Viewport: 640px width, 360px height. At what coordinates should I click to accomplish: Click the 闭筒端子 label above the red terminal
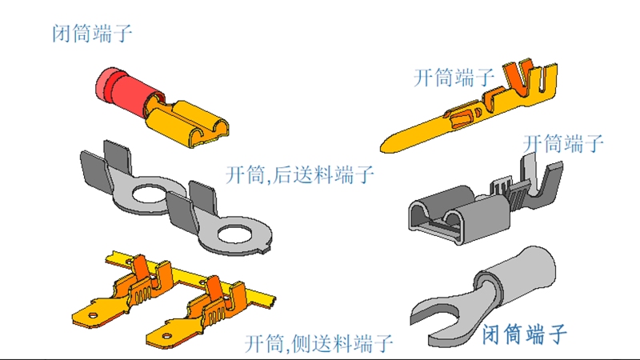[91, 34]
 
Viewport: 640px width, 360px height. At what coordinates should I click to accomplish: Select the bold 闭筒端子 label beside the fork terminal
[525, 332]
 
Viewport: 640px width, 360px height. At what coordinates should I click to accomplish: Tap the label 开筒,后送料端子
[300, 174]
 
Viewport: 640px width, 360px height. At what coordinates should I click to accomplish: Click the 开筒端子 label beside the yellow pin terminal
[454, 78]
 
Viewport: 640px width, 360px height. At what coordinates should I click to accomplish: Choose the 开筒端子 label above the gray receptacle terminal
[563, 144]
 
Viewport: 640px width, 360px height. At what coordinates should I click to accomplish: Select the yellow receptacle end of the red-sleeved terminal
[193, 121]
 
